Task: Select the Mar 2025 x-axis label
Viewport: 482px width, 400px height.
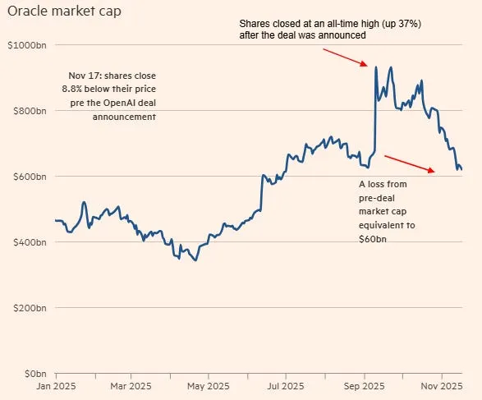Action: coord(131,385)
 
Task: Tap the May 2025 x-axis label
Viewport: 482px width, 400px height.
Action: coord(209,385)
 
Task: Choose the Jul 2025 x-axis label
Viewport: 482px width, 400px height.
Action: coord(287,385)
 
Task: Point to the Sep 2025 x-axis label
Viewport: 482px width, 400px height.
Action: coord(364,385)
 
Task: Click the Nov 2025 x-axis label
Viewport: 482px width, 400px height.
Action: coord(440,385)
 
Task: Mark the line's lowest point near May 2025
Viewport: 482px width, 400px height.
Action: coord(194,260)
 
